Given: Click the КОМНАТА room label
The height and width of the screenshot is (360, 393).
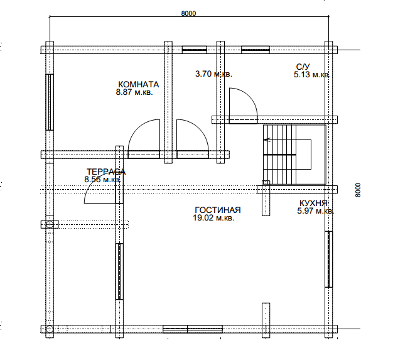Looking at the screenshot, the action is (139, 84).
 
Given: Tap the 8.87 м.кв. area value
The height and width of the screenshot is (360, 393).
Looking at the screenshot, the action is (134, 92).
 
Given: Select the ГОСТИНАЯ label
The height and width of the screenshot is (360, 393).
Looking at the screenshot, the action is (218, 210).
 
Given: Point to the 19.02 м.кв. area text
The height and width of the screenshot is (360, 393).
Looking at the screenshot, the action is (214, 218).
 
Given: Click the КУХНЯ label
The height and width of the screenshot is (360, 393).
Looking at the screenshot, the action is (313, 203).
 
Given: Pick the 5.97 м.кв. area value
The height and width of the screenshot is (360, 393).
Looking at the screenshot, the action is (316, 210).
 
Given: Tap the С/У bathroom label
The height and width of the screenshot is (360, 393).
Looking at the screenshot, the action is (303, 67).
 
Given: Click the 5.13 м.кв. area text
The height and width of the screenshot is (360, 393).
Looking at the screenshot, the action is (312, 75).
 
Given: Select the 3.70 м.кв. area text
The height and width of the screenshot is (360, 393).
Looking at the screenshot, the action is (214, 74).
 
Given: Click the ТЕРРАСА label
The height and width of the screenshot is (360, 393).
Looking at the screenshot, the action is (106, 172).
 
